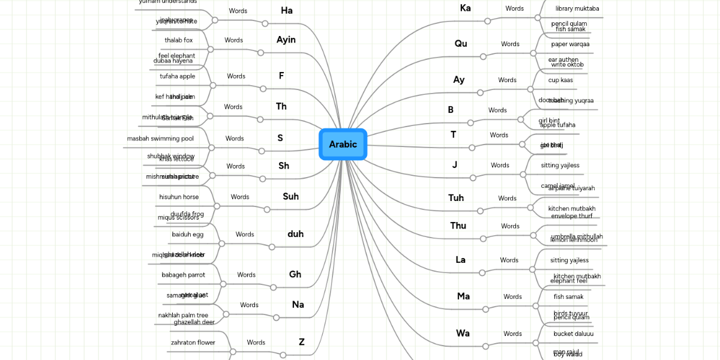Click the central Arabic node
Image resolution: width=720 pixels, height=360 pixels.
point(343,144)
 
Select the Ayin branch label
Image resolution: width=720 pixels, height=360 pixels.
point(286,40)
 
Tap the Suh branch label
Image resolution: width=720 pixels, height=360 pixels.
point(290,196)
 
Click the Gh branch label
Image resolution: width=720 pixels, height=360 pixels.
point(295,274)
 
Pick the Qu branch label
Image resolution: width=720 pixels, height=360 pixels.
point(461,43)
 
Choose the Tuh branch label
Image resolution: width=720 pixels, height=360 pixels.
point(456,198)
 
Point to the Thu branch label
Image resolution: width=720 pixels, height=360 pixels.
point(458,226)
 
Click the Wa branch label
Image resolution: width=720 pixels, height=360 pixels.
point(463,333)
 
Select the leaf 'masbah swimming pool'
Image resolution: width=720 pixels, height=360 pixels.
point(160,139)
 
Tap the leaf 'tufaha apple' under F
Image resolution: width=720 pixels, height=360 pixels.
point(177,76)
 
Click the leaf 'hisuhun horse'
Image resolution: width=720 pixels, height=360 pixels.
point(179,197)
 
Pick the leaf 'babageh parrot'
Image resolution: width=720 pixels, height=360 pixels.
point(183,275)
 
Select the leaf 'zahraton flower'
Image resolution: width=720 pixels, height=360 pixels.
point(193,343)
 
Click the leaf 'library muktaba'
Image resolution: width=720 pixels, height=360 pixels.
point(577,8)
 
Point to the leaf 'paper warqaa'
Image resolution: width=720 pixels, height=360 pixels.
point(570,44)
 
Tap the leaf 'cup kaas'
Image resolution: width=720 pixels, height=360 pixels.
point(560,80)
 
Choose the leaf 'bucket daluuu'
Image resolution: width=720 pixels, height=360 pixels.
point(574,334)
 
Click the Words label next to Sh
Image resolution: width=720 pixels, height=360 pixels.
point(235,166)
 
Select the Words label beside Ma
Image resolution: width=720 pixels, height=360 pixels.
point(512,296)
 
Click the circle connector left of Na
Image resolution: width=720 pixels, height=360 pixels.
point(276,317)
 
